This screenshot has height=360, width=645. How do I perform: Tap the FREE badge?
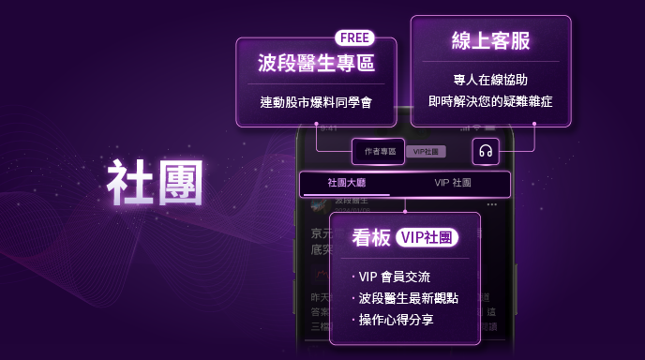[x=355, y=38]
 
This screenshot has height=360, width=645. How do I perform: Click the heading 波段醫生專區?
[x=315, y=64]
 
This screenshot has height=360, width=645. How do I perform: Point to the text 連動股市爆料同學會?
[x=316, y=101]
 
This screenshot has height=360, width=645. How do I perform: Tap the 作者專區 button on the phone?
[x=380, y=151]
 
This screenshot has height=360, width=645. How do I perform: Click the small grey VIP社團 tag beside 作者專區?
[x=427, y=152]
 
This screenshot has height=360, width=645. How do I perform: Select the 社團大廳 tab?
[x=346, y=183]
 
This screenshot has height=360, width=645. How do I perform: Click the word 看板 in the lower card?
[x=370, y=238]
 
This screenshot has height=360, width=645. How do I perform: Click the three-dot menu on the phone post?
[x=492, y=204]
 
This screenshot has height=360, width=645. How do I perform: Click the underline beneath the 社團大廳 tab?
[x=346, y=195]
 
